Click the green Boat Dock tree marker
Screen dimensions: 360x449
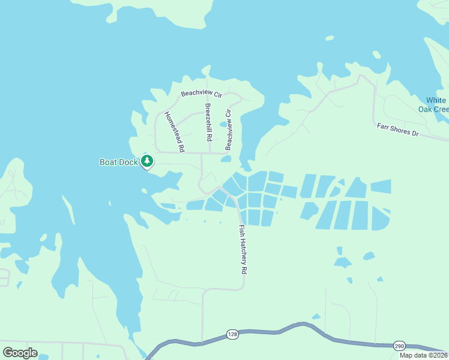click(x=147, y=161)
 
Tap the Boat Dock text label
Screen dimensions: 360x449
click(x=119, y=162)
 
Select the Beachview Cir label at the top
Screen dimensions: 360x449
click(x=202, y=94)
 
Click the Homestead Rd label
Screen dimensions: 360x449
click(x=174, y=131)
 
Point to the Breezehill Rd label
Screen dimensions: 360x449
click(x=208, y=122)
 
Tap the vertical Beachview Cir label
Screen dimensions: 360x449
click(x=228, y=130)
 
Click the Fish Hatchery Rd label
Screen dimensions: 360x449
click(x=243, y=250)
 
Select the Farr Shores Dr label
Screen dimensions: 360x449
click(x=397, y=129)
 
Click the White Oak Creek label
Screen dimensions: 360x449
click(x=434, y=104)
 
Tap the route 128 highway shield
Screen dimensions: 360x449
click(x=232, y=334)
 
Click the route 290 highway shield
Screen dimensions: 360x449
click(x=399, y=346)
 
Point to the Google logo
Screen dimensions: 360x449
click(x=20, y=353)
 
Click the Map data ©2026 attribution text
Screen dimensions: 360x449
click(x=424, y=355)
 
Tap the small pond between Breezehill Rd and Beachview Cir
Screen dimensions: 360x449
click(x=223, y=125)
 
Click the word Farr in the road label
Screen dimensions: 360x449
click(x=383, y=126)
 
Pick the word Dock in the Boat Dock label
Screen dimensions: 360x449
click(x=128, y=162)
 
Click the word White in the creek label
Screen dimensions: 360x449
click(x=436, y=100)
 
